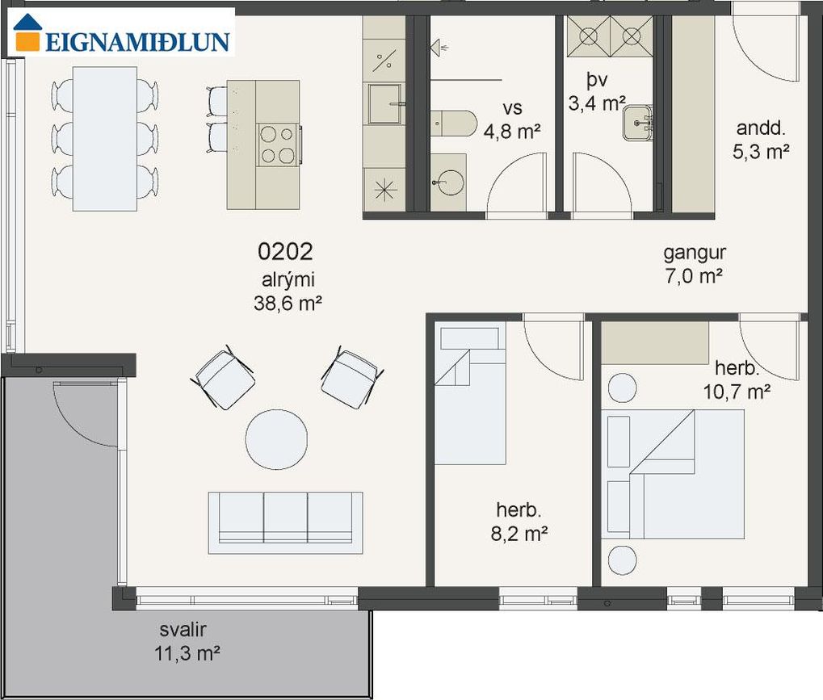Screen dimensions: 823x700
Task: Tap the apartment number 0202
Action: [x=285, y=252]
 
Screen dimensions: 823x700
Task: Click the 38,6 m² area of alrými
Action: [x=288, y=304]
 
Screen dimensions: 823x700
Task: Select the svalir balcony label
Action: [x=183, y=629]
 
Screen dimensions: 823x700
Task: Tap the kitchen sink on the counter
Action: [x=384, y=103]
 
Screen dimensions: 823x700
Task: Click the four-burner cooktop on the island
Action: [x=278, y=145]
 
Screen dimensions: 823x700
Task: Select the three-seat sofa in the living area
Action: [x=286, y=522]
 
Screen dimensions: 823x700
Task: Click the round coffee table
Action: [x=276, y=438]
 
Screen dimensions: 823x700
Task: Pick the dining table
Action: [x=104, y=139]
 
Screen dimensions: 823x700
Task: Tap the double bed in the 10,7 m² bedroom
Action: [x=675, y=475]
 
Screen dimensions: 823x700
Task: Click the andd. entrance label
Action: [x=760, y=128]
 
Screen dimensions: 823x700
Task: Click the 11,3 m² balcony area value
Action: [x=187, y=654]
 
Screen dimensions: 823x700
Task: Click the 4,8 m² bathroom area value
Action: [x=512, y=132]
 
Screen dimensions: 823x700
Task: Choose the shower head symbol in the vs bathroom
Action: [x=439, y=48]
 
